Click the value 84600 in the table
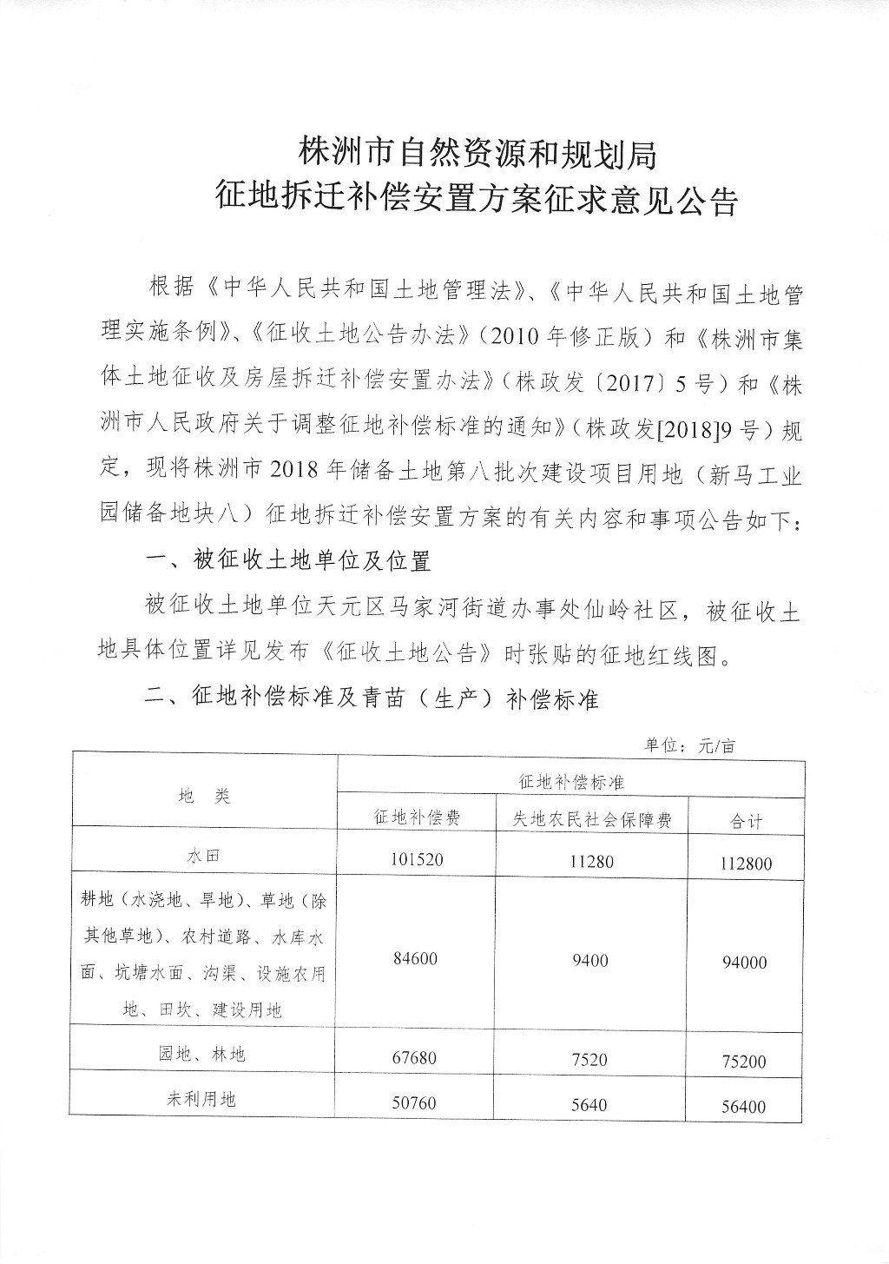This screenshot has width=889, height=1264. [416, 959]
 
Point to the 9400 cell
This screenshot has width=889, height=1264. [590, 961]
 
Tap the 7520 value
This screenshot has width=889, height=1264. [590, 1060]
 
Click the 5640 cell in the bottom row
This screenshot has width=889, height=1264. [590, 1105]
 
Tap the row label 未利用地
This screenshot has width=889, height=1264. [201, 1099]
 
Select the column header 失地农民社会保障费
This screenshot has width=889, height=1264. [590, 819]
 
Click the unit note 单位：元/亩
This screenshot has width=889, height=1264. [689, 745]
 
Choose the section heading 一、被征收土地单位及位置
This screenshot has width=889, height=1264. [288, 560]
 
